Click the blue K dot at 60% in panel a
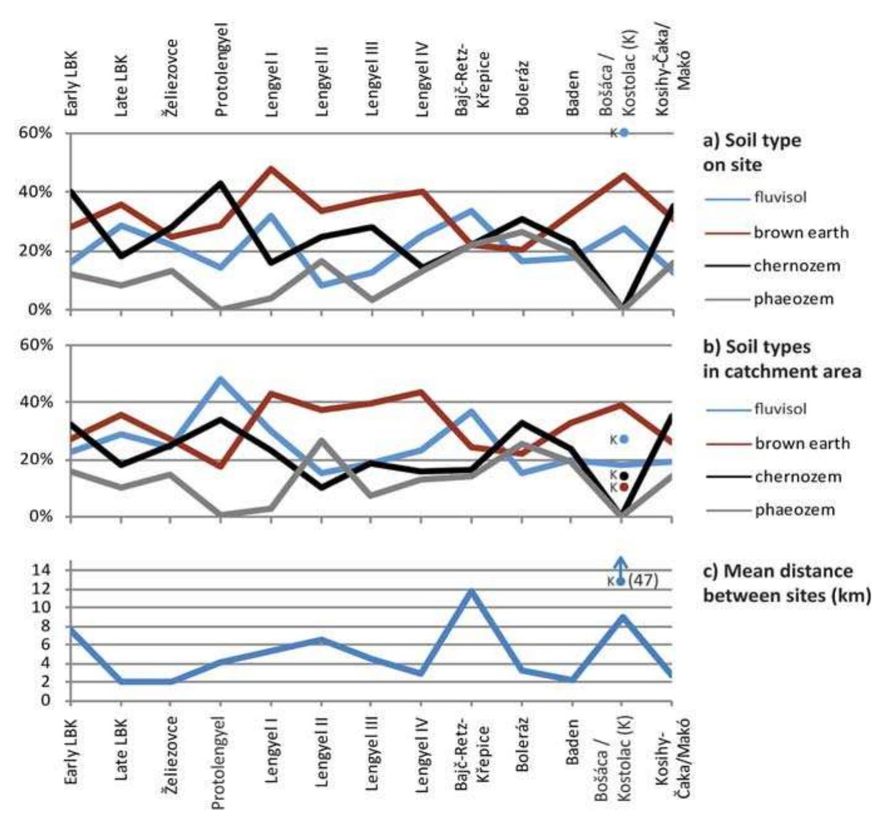[624, 133]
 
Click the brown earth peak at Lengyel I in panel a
[271, 168]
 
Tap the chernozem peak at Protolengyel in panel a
[220, 183]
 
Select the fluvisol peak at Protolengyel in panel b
[220, 378]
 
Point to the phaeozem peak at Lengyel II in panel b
[321, 440]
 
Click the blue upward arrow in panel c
[620, 565]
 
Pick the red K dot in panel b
[624, 487]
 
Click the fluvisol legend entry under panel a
[779, 198]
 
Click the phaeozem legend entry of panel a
[793, 299]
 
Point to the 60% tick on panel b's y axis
[39, 345]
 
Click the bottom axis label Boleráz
[522, 744]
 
